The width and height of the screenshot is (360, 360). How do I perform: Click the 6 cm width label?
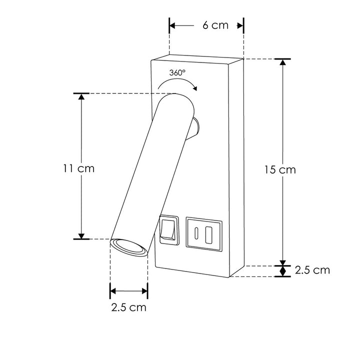pos(215,25)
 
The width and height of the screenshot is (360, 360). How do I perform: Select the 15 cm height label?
pos(280,169)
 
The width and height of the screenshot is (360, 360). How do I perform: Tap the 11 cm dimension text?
pos(75,168)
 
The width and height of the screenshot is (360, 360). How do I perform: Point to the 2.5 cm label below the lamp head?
pos(129,307)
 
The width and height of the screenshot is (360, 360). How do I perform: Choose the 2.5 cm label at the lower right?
pos(312,270)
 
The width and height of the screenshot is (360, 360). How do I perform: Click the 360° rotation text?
pos(177,72)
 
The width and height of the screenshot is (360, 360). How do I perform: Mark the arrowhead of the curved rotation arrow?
pos(194,89)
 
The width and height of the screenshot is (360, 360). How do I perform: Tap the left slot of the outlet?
pos(198,232)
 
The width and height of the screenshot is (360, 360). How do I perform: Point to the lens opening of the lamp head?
pos(129,248)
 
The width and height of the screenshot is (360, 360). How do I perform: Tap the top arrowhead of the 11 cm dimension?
pos(81,96)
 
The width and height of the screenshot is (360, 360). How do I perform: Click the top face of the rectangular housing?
pos(197,58)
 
